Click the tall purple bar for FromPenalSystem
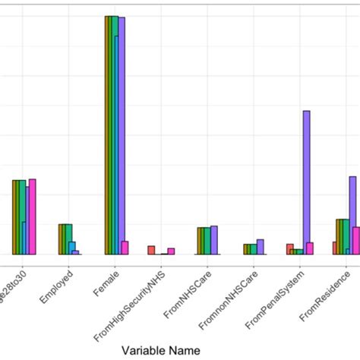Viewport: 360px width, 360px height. coord(306,182)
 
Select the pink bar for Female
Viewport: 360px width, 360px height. coord(125,248)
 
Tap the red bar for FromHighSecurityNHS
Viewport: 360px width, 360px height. coord(151,250)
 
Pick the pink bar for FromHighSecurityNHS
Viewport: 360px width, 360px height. coord(171,251)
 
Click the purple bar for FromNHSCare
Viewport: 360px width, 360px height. coord(214,240)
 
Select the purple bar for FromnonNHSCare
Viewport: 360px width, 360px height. coord(261,247)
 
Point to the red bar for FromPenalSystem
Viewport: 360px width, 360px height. coord(289,249)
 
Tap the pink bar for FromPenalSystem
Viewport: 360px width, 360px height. coord(310,248)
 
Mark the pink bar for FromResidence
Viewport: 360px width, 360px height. coord(356,241)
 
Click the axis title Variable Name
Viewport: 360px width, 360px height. coord(161,350)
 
